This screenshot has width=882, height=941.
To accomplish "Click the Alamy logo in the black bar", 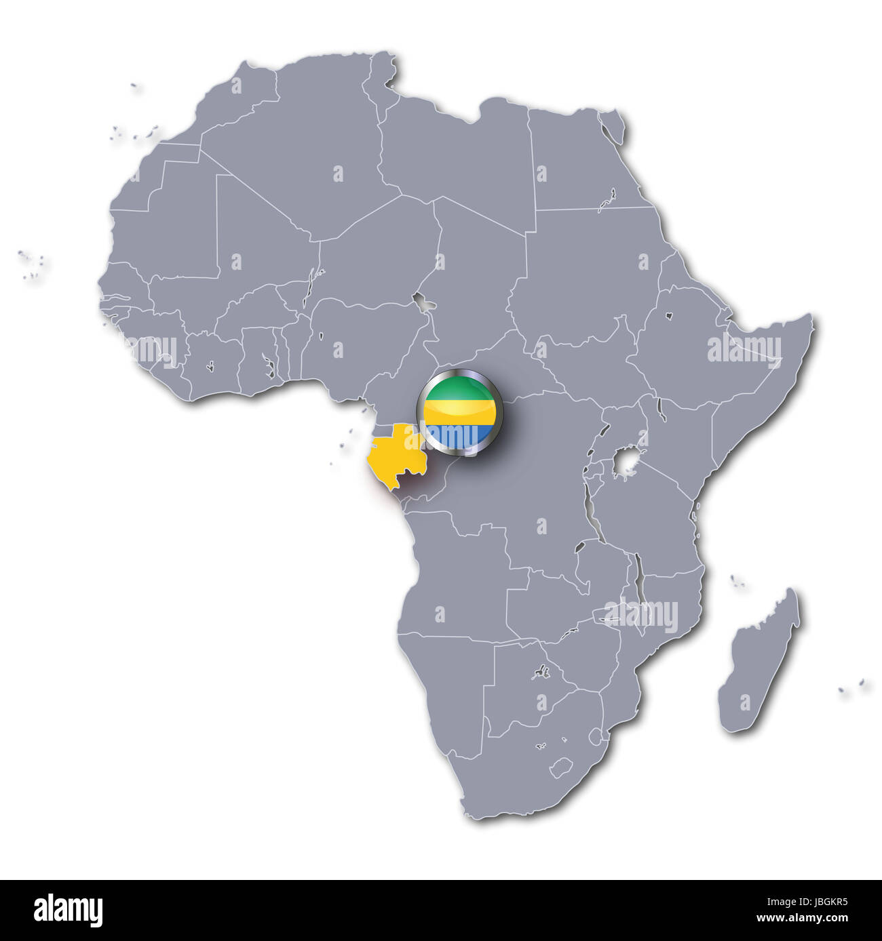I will (68, 910).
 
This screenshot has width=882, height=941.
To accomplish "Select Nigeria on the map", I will (360, 332).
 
